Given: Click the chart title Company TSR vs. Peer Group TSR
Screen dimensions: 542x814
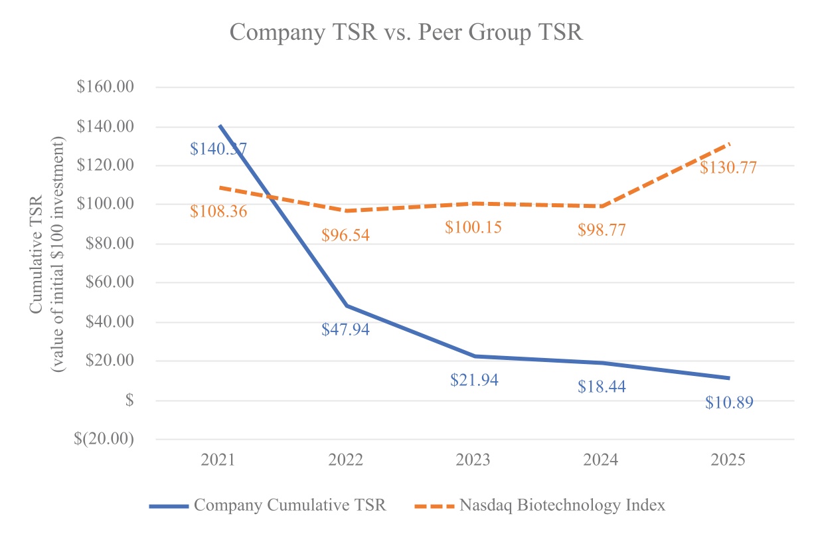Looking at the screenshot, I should click(x=406, y=32).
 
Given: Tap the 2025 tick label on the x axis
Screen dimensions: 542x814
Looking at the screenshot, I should click(x=728, y=460).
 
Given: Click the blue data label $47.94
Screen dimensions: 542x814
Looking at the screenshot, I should click(x=345, y=329).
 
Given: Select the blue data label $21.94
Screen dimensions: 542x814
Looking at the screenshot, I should click(x=474, y=380).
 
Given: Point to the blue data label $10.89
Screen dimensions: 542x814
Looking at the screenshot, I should click(x=729, y=403).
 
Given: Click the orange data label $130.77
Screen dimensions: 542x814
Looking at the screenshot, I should click(x=728, y=167).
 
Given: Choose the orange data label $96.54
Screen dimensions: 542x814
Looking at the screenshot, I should click(x=345, y=234).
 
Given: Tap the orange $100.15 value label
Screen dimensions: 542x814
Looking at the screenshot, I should click(x=474, y=227).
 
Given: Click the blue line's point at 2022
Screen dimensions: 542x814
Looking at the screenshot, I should click(x=346, y=306).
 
